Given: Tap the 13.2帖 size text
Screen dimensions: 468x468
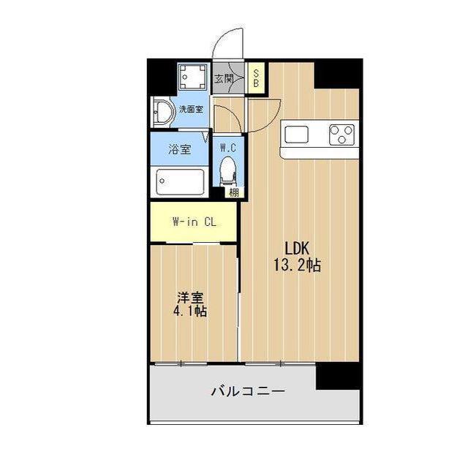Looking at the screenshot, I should coord(296,265).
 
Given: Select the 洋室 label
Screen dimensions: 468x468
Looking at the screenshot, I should coord(190,298).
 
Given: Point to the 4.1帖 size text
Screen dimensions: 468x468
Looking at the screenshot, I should coord(190,312).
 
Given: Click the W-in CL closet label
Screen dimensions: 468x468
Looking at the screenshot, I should coord(193,222).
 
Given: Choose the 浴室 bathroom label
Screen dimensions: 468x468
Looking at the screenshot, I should coord(179,150).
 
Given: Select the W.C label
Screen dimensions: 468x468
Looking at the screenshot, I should coord(229,146).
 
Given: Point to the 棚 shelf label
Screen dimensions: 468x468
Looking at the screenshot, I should coord(233,193).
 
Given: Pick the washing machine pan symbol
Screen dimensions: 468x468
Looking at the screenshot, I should coord(194,77).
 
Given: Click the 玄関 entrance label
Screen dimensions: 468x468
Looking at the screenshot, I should coord(224,78).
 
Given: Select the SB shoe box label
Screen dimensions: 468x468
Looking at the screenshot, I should coord(256,78).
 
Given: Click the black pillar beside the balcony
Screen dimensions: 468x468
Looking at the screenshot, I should coord(338,376).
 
